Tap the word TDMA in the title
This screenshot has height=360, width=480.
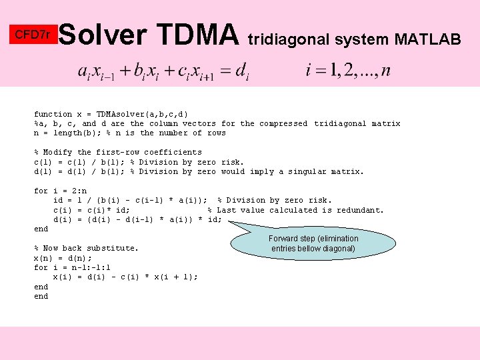198,35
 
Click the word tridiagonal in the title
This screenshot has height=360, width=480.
290,40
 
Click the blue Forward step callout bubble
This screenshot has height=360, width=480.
313,243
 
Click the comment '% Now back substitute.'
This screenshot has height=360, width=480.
87,248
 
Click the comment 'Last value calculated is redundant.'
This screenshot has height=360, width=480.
301,210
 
